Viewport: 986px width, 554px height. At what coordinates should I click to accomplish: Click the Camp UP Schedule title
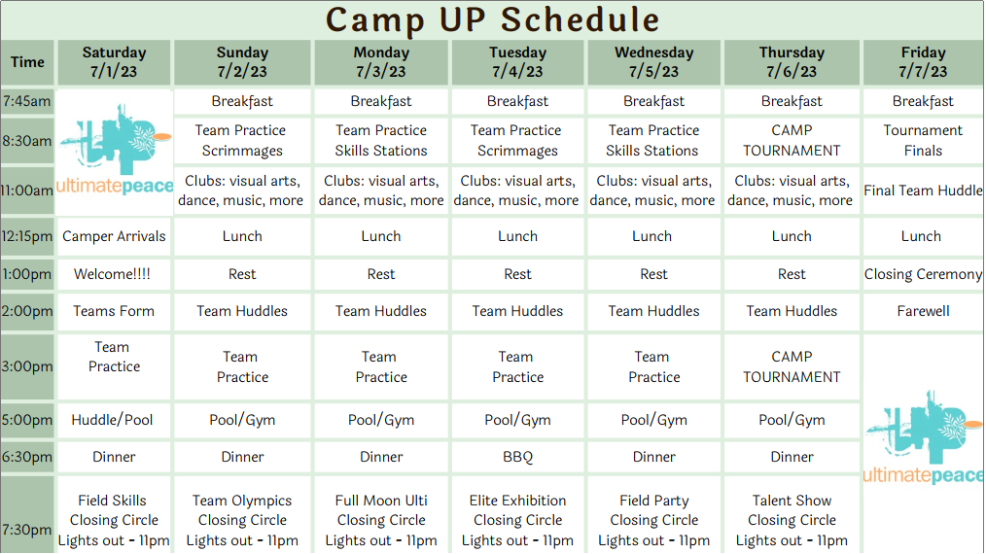492,20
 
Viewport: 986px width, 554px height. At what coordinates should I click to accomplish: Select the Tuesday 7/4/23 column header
517,62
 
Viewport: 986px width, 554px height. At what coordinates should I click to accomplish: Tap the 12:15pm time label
27,236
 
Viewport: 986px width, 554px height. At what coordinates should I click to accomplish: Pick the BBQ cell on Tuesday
517,457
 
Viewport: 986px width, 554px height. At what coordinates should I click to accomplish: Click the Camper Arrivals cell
114,236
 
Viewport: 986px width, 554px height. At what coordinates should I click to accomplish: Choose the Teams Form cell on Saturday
114,311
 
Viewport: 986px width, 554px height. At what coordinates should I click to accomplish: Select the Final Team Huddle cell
923,190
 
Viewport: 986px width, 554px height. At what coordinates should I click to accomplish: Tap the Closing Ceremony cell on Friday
923,274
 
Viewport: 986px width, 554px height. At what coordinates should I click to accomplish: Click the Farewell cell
923,311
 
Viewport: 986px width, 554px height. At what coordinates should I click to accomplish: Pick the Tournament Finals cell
923,140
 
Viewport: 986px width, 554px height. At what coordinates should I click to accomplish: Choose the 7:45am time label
27,101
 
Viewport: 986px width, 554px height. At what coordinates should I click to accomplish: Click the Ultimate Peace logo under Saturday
115,150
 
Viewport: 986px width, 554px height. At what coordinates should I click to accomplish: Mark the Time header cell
27,62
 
